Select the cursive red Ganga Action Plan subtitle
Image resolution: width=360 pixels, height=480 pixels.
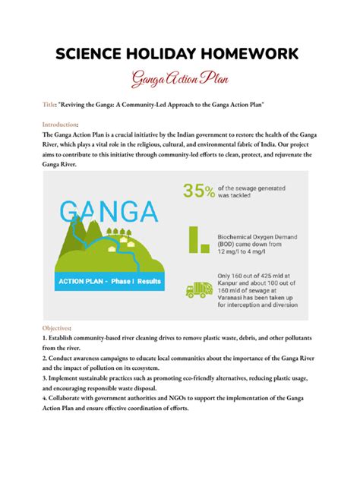point(179,78)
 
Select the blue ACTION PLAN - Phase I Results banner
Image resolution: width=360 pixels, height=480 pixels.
point(108,281)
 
